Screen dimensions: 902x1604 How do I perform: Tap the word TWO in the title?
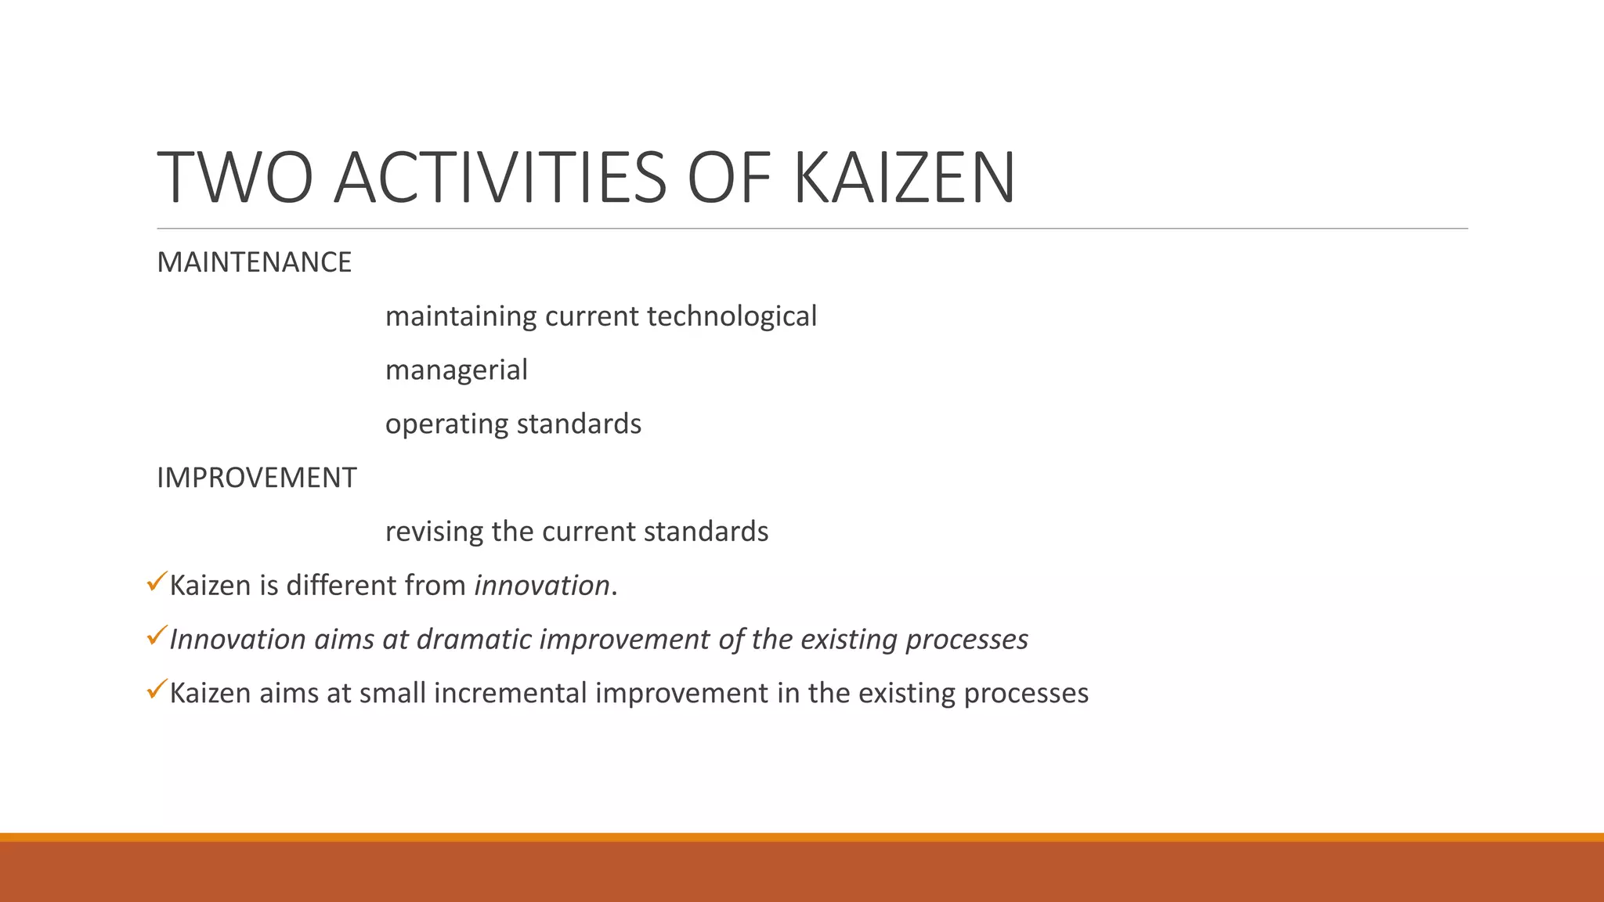pyautogui.click(x=235, y=179)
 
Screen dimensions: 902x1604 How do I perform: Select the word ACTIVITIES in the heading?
pyautogui.click(x=500, y=179)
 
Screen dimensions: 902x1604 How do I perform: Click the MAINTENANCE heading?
pyautogui.click(x=254, y=262)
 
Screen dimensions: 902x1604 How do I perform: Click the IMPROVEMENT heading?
pyautogui.click(x=256, y=478)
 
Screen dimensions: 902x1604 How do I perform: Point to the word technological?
pyautogui.click(x=732, y=316)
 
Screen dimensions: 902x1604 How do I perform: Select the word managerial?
pyautogui.click(x=456, y=370)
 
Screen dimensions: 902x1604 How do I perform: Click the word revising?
pyautogui.click(x=434, y=532)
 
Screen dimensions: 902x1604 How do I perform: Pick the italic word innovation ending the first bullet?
pyautogui.click(x=542, y=586)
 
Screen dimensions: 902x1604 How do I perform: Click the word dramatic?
pyautogui.click(x=474, y=640)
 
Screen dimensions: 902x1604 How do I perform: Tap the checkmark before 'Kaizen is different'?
pyautogui.click(x=156, y=582)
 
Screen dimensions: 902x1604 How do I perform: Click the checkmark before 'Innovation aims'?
pyautogui.click(x=156, y=635)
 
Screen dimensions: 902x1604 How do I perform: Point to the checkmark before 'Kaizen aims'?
pyautogui.click(x=156, y=689)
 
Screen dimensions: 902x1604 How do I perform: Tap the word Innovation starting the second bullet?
pyautogui.click(x=237, y=640)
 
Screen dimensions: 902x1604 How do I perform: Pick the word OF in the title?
pyautogui.click(x=728, y=179)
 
